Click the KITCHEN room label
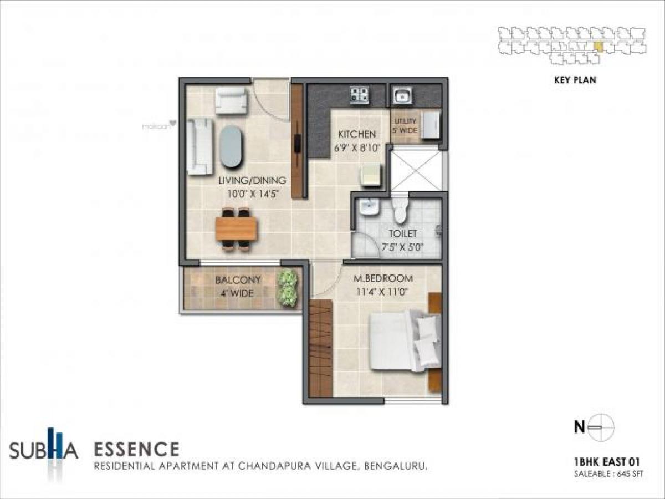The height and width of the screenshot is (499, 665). point(357,134)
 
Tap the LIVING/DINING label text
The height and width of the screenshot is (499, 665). point(252,180)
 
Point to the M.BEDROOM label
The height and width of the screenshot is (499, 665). point(383,278)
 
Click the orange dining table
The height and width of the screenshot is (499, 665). point(237,228)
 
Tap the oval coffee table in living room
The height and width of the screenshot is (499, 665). point(231,146)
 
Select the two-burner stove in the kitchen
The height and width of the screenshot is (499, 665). point(359,95)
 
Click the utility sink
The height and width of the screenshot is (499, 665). point(402,96)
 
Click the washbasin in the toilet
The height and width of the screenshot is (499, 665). point(367,208)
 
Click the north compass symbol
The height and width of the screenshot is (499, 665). point(600,427)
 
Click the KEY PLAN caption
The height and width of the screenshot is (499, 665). point(575,80)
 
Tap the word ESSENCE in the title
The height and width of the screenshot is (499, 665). point(136,448)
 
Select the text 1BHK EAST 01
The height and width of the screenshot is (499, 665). point(607,461)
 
